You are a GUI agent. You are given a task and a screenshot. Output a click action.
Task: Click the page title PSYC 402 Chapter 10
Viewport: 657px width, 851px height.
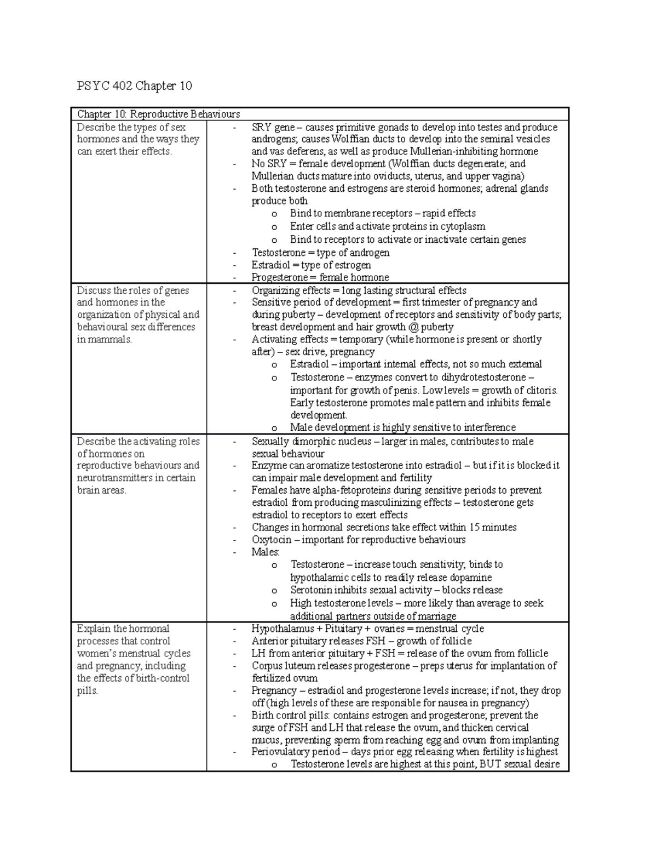click(x=134, y=86)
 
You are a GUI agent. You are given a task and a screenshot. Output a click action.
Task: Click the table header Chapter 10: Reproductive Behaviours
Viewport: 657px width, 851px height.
click(x=158, y=114)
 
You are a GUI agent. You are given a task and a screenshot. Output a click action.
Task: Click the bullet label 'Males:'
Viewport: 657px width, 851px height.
click(x=266, y=552)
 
